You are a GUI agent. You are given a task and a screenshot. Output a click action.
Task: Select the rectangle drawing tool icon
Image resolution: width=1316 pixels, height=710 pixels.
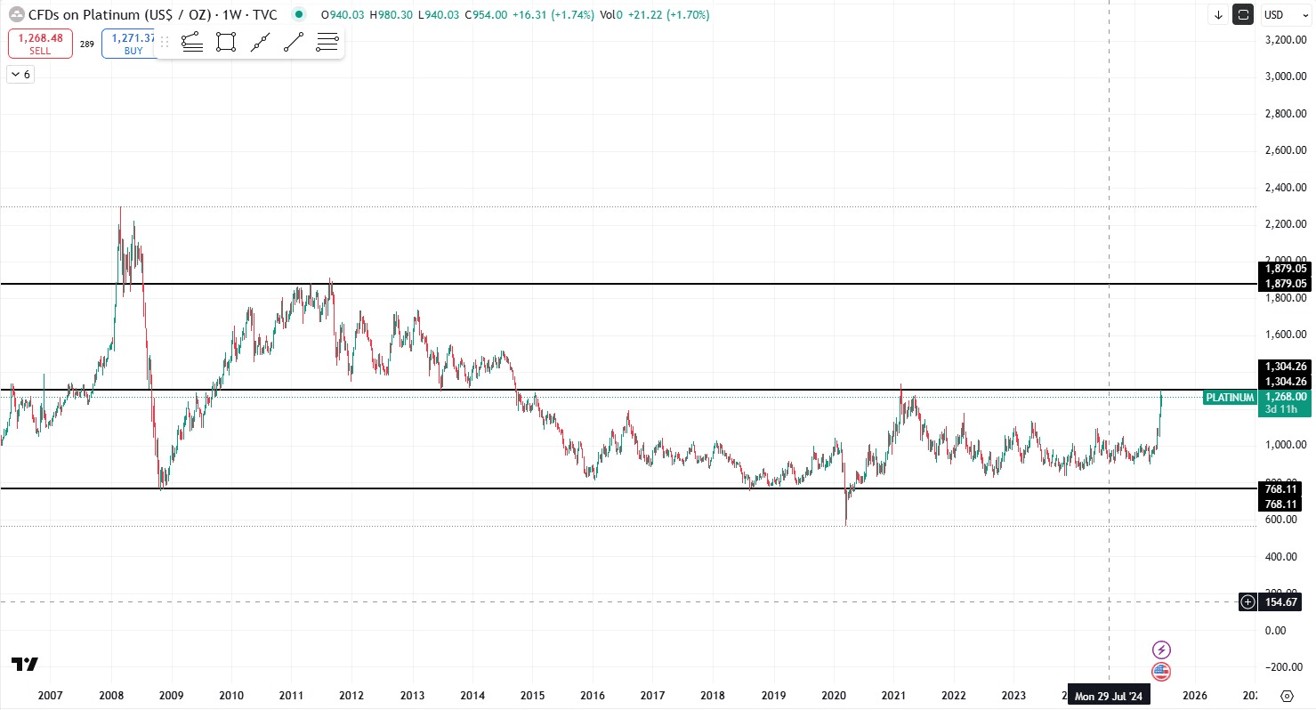[226, 42]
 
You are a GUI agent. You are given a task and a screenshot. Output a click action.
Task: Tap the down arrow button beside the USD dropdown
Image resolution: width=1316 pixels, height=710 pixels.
[1218, 14]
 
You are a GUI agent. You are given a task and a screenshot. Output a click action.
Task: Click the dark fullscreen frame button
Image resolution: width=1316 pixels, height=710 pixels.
[1243, 14]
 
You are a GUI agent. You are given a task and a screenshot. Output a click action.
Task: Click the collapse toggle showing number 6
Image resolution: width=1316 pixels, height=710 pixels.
[20, 75]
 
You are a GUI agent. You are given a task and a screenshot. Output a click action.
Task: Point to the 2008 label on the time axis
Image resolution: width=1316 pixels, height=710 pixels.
[111, 695]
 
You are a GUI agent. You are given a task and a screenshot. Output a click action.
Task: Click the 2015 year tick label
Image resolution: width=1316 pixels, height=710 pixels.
[532, 695]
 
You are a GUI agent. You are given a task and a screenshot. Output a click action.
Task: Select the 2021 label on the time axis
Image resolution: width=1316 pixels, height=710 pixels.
[893, 695]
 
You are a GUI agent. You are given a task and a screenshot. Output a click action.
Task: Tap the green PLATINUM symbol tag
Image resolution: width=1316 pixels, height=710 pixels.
[1230, 398]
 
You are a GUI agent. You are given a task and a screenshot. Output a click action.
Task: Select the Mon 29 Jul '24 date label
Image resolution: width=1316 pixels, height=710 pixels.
[1109, 696]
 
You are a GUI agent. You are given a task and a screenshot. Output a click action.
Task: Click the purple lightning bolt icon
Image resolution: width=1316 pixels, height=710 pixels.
[1161, 649]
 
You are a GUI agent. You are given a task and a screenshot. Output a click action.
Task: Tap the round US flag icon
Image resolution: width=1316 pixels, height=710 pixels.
[1161, 672]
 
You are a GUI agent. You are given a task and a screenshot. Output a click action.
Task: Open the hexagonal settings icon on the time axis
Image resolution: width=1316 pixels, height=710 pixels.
[1287, 696]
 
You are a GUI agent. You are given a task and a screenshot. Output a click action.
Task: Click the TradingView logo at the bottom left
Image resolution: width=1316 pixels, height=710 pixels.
[25, 665]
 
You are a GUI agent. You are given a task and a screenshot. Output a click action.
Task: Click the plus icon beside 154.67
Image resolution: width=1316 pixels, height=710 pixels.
[1248, 602]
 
